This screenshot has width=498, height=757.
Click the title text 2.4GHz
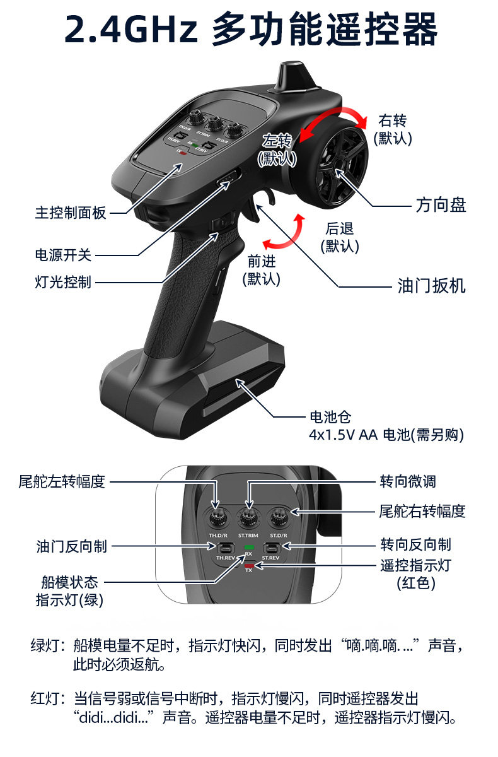[x=132, y=30]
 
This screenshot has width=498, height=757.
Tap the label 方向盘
[x=441, y=205]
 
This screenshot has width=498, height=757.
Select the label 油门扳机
[x=432, y=286]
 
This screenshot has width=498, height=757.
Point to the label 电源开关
[x=63, y=255]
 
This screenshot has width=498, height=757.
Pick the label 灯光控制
[x=63, y=281]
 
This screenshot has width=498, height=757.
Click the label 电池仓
[x=330, y=417]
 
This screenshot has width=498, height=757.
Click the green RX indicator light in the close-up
[x=248, y=547]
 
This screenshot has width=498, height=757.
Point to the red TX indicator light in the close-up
[x=248, y=565]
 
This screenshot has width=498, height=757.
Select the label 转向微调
[x=407, y=482]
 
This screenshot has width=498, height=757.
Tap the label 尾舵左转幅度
[x=61, y=482]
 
